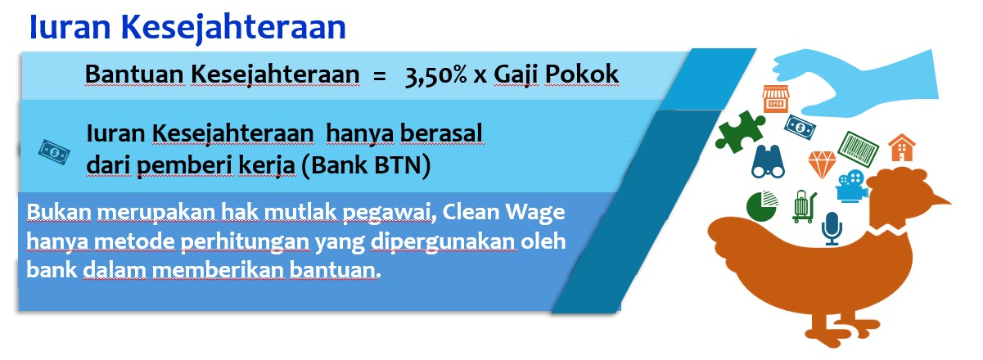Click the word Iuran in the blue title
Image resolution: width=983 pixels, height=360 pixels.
tap(70, 26)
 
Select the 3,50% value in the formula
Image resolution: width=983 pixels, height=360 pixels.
tap(435, 75)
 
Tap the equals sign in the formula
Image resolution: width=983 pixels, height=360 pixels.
tap(379, 76)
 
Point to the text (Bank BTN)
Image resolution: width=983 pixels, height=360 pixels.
tap(366, 165)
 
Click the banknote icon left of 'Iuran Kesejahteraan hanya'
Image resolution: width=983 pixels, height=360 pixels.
tap(54, 152)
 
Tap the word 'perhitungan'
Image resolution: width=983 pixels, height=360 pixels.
tap(245, 242)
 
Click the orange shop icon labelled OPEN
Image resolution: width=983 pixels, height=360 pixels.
tap(775, 98)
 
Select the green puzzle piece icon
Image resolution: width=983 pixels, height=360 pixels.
tap(740, 132)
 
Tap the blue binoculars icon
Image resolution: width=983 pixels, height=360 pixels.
tap(768, 161)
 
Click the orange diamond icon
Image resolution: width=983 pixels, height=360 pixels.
tap(823, 164)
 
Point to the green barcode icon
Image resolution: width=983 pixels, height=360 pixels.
tap(858, 149)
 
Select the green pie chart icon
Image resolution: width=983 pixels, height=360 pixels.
tap(762, 205)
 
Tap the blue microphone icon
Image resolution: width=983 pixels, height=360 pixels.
tap(832, 229)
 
